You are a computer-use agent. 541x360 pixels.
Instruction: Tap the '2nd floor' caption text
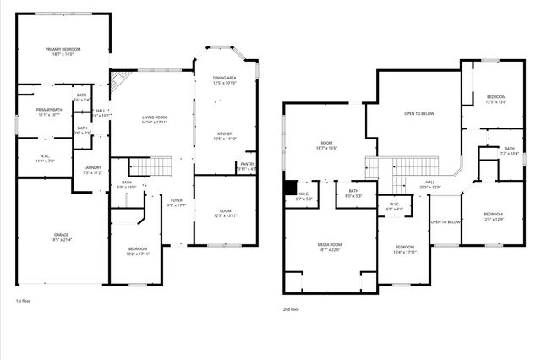[x=292, y=309]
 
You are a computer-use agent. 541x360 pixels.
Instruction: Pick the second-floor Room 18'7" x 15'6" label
[x=328, y=145]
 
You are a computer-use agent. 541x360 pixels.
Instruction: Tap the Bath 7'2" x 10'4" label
[x=510, y=150]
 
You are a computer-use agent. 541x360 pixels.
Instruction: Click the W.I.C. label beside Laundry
[x=46, y=158]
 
